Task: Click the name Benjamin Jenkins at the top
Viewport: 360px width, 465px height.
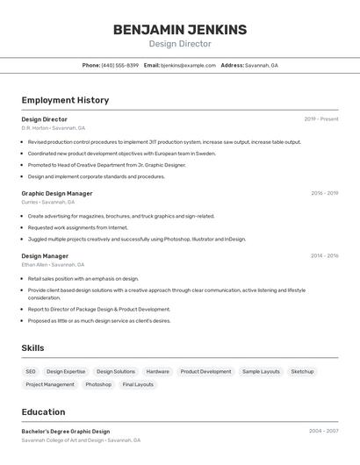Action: (179, 30)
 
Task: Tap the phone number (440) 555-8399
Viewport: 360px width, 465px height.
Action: (120, 65)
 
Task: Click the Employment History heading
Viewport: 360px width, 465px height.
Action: (65, 100)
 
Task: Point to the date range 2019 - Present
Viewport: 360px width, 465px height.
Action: (321, 119)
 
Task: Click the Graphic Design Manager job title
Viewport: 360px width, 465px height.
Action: (57, 193)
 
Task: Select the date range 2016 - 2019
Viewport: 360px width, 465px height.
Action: (324, 193)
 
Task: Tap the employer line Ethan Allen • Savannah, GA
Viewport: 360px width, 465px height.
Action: (53, 264)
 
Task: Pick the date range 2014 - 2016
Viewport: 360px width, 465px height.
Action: (324, 256)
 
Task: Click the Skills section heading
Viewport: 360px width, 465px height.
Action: (32, 348)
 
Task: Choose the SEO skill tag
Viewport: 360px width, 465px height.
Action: (31, 371)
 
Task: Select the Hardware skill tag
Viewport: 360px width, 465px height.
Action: (158, 371)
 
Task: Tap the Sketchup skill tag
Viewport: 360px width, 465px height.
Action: (302, 371)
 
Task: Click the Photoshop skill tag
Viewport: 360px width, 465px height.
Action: (98, 384)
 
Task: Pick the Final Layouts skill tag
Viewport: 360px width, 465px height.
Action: (138, 384)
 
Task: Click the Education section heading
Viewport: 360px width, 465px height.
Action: (43, 411)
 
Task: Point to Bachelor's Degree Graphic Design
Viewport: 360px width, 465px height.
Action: (66, 432)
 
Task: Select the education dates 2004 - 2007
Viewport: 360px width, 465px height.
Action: (323, 432)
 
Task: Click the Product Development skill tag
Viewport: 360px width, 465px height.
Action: (205, 371)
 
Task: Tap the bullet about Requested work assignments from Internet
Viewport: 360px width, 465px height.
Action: (77, 227)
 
